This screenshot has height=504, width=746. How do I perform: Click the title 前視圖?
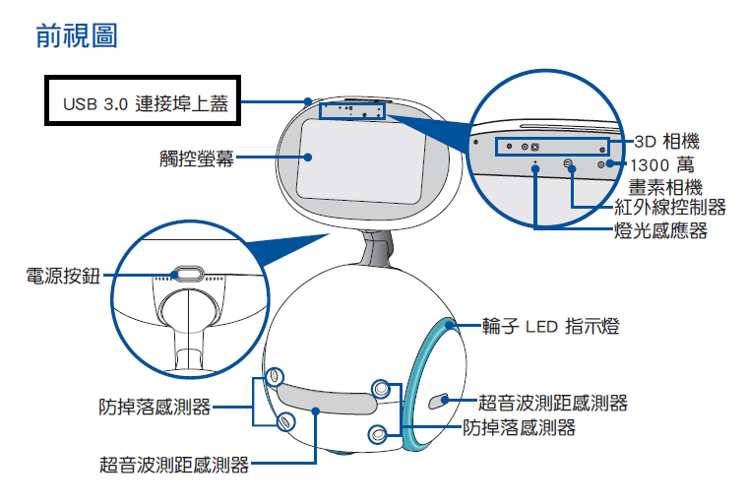point(77,36)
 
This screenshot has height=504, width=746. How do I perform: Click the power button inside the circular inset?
point(189,272)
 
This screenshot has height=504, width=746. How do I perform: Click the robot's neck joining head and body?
point(375,250)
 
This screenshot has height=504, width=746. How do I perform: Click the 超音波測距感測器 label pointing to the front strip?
point(173,464)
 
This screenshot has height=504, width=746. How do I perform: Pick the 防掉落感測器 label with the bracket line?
point(155,406)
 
